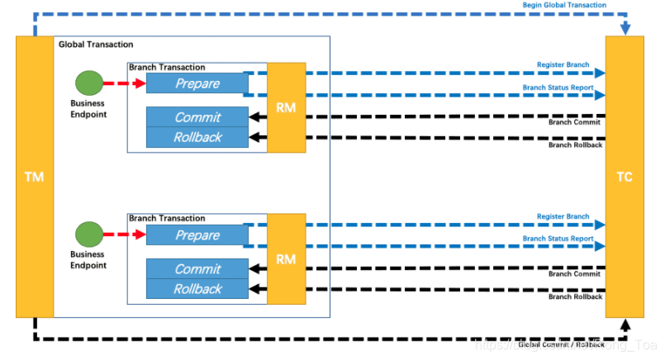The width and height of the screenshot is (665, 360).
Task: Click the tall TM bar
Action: tap(34, 177)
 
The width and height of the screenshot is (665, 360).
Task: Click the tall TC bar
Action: tap(625, 177)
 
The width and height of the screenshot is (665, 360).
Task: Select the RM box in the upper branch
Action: tap(286, 107)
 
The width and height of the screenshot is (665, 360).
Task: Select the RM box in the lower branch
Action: tap(286, 259)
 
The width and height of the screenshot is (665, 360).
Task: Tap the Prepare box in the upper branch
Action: tap(197, 83)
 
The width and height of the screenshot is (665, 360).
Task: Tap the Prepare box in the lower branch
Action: tap(197, 235)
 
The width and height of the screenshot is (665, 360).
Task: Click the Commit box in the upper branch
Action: tap(197, 117)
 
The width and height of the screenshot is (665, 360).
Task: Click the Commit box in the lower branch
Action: tap(197, 269)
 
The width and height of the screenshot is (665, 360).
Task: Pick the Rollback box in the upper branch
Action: tap(197, 137)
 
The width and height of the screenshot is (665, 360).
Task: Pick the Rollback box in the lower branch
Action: tap(197, 289)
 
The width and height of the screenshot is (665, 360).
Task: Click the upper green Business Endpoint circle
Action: tap(88, 83)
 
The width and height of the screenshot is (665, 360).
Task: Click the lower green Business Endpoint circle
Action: tap(88, 234)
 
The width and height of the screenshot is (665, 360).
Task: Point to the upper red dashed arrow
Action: tap(124, 83)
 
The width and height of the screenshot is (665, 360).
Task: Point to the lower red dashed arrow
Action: tap(124, 234)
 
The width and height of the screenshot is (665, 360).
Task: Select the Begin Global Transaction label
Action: tap(564, 5)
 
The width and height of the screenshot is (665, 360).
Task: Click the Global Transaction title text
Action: tap(96, 44)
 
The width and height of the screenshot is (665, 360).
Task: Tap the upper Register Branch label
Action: tap(563, 64)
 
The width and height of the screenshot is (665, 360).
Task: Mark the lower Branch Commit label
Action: tap(575, 273)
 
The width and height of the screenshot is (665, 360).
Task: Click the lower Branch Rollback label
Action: tap(575, 296)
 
